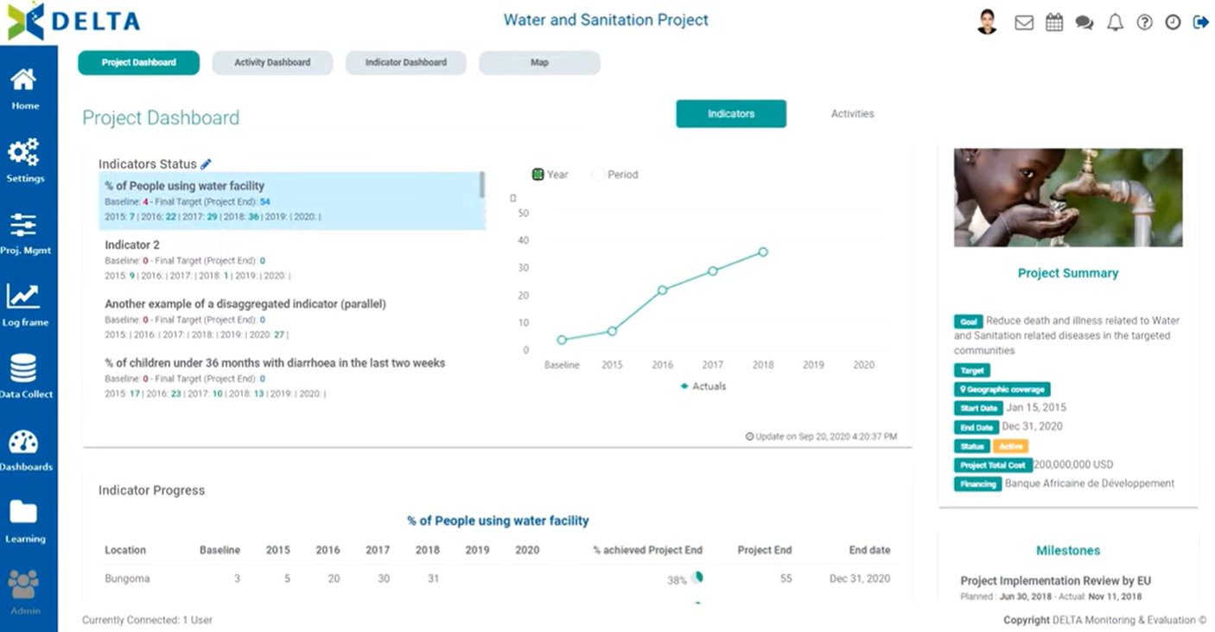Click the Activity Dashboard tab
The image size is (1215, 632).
[x=272, y=63]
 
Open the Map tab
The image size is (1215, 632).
[x=539, y=63]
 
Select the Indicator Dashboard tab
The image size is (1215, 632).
[x=405, y=63]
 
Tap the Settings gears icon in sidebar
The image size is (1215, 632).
[x=23, y=153]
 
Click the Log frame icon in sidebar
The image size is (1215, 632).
[x=23, y=297]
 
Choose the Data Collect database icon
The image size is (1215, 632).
[x=23, y=368]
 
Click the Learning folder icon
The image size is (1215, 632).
[x=23, y=513]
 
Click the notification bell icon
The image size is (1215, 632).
[x=1115, y=22]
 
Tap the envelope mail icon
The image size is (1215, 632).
[x=1024, y=22]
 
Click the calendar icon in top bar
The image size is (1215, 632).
[x=1054, y=22]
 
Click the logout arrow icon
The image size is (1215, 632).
[x=1200, y=22]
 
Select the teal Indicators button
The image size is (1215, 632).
[x=731, y=114]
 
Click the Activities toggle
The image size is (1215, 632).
[x=852, y=114]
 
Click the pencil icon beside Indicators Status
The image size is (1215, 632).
[x=206, y=164]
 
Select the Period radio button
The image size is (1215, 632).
[x=598, y=175]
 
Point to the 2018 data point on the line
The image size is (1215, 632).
[x=763, y=252]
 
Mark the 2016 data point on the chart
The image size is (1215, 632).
[x=662, y=290]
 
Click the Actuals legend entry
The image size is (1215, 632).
[x=703, y=386]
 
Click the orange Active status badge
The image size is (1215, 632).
[x=1011, y=447]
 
